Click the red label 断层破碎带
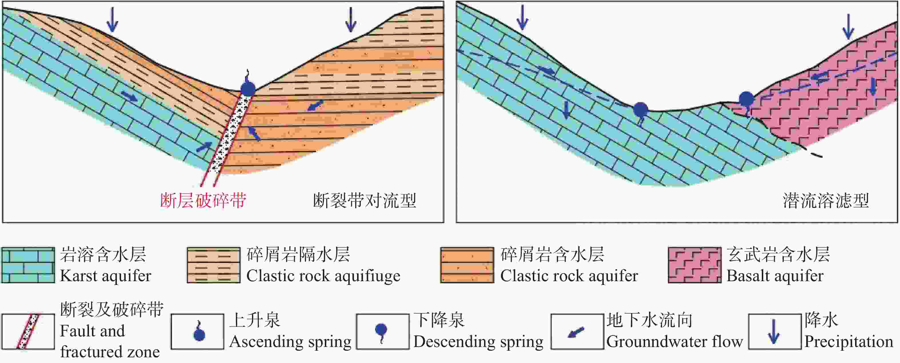[203, 201]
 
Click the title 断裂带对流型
[364, 201]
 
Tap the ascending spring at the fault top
[248, 88]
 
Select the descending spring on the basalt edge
[746, 99]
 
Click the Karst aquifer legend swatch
[28, 265]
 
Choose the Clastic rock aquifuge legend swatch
[213, 265]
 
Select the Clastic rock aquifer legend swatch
[467, 265]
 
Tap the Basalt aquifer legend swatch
[695, 265]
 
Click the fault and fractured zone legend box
[28, 332]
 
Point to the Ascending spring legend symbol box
[197, 332]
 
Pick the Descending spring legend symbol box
[383, 332]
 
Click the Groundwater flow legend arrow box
[577, 332]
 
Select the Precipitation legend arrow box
[775, 332]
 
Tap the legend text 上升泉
[255, 320]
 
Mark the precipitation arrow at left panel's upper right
[351, 19]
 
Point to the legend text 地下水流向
[649, 320]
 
